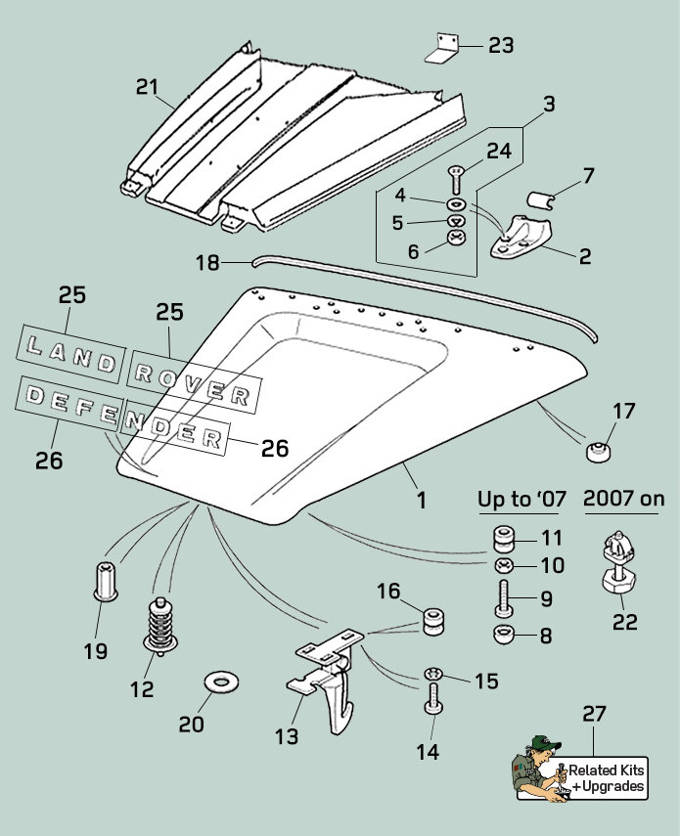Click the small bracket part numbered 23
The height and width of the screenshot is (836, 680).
442,48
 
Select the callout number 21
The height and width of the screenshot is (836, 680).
147,87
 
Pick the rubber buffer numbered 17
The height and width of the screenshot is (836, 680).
596,452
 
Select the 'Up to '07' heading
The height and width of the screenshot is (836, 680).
521,499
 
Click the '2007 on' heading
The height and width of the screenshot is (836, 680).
623,499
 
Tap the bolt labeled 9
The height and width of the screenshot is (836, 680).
502,596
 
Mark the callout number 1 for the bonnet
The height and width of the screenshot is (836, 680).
422,500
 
